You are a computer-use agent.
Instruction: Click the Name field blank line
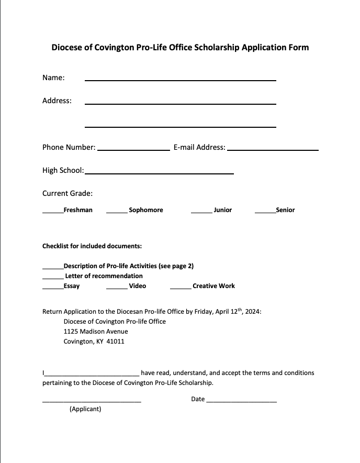(180, 80)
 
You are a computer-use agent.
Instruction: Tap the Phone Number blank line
(133, 150)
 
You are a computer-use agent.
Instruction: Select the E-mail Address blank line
(273, 150)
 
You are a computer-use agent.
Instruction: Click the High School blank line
(159, 173)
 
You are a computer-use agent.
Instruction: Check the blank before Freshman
(52, 212)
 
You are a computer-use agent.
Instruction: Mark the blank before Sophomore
(117, 212)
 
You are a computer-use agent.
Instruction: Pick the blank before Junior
(201, 212)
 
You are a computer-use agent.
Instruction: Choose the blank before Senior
(265, 212)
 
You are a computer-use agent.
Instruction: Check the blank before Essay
(52, 288)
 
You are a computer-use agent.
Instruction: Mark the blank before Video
(117, 288)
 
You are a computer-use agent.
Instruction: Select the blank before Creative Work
(181, 288)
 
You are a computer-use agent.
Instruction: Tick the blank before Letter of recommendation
(52, 278)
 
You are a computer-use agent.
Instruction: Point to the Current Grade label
(67, 193)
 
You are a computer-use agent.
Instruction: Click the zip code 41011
(115, 341)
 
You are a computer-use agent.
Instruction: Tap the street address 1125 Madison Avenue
(96, 332)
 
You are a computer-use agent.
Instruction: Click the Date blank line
(242, 401)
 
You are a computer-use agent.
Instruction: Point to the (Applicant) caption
(85, 409)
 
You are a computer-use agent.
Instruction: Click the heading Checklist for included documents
(92, 246)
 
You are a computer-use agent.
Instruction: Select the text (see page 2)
(176, 266)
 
